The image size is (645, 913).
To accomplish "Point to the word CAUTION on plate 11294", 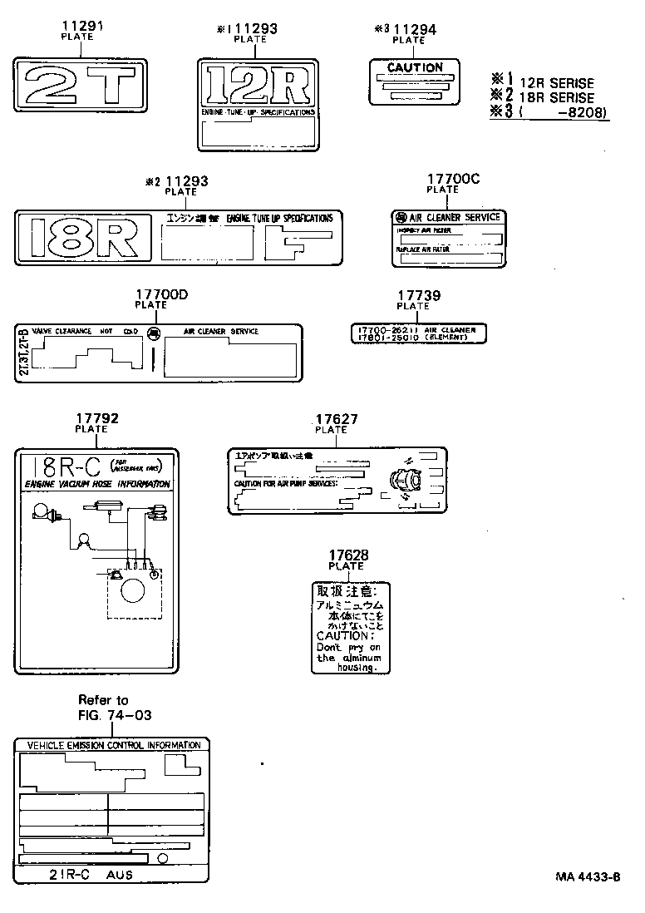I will click(416, 67).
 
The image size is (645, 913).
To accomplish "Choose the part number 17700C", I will click(453, 179).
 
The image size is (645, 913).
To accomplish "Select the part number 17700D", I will click(162, 294).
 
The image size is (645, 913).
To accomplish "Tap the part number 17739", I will click(418, 295).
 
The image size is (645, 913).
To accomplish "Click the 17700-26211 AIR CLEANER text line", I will click(416, 329).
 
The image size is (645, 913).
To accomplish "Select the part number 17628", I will click(347, 555).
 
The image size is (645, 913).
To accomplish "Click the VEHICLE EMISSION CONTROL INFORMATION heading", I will click(114, 745).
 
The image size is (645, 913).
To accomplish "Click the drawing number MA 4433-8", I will click(588, 876).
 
